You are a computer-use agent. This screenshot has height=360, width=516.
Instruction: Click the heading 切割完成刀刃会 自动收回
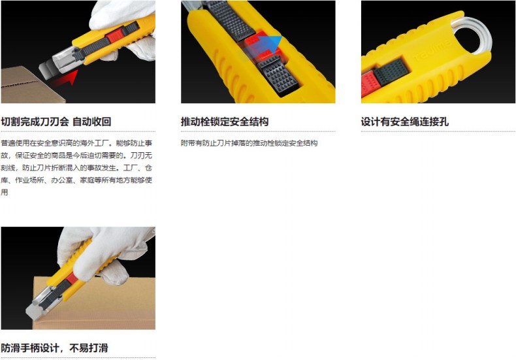(56, 122)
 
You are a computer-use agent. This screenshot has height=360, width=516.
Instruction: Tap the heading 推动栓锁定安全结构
(225, 122)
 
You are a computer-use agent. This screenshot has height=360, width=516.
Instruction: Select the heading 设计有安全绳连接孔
(405, 122)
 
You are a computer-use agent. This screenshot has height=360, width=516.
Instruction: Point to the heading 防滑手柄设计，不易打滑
(54, 348)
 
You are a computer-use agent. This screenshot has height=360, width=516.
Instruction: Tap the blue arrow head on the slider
(275, 42)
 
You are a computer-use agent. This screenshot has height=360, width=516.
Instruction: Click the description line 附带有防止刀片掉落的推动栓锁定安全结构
(249, 143)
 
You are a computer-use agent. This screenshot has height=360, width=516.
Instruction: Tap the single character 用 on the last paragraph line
(5, 192)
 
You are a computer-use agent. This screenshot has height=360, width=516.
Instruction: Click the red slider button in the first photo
(115, 35)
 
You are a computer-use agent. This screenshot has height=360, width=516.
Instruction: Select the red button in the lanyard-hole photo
(368, 84)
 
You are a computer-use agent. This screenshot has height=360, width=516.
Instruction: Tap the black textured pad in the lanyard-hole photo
(391, 72)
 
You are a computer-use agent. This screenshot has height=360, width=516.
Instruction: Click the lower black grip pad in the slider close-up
(278, 75)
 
